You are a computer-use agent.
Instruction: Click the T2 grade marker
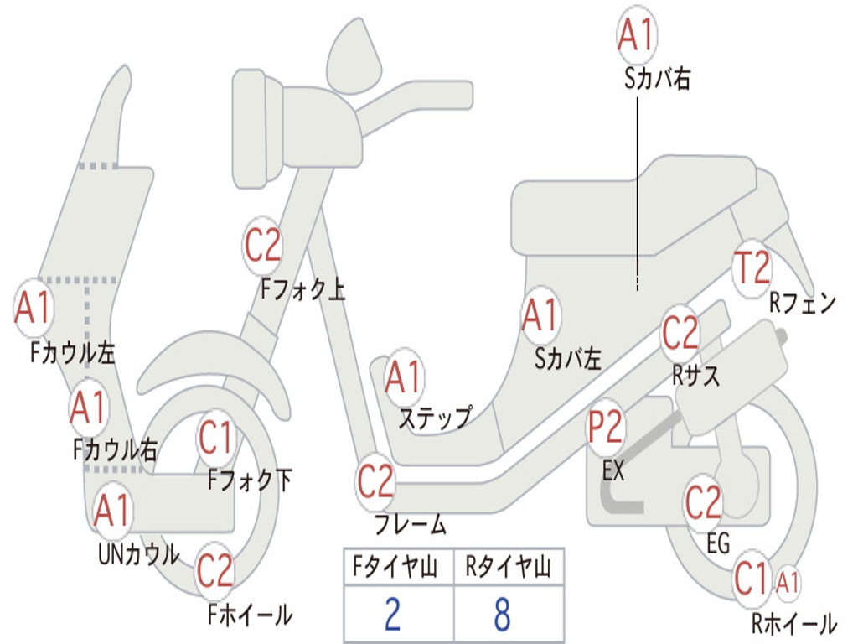tap(752, 268)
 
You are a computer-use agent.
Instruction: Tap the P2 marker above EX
tap(605, 427)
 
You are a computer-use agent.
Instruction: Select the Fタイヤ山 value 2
tap(392, 614)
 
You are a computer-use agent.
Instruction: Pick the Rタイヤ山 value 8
tap(503, 614)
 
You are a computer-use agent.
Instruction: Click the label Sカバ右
tap(657, 79)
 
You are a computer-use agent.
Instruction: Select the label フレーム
tap(411, 524)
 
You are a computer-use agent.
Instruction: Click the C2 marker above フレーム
tap(375, 482)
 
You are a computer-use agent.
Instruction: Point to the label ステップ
tap(435, 418)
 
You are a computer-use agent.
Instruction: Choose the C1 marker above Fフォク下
tap(215, 438)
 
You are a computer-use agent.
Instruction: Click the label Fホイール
tap(250, 615)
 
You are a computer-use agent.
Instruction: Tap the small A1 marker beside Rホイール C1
tap(788, 582)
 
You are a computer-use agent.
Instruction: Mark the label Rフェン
tap(803, 303)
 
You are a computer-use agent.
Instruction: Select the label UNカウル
tap(138, 554)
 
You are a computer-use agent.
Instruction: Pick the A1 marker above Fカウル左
tap(34, 307)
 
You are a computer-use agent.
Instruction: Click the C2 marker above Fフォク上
tap(262, 246)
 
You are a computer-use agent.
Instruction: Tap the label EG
tap(718, 543)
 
